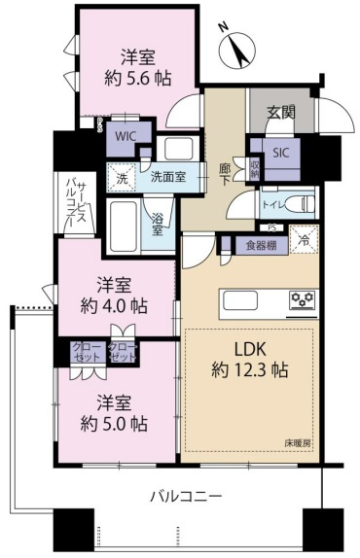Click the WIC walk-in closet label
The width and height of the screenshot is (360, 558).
coord(125,137)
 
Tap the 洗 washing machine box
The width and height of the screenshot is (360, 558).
coord(122,178)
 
